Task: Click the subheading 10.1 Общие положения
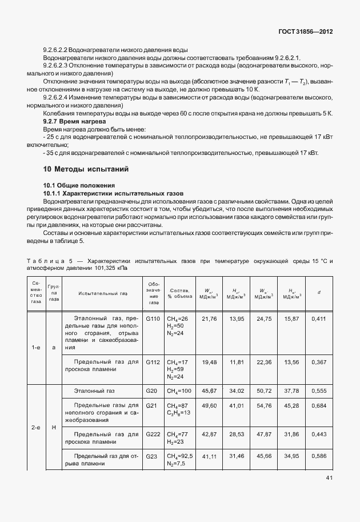tap(79, 185)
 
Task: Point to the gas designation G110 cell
tap(153, 318)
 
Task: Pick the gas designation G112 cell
tap(153, 362)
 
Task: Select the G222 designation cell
tap(153, 435)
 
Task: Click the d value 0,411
tap(319, 318)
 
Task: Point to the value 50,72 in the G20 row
tap(264, 390)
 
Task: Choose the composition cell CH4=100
tap(180, 390)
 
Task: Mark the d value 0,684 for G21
tap(319, 405)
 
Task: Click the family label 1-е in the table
tap(36, 347)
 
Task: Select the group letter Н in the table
tap(54, 427)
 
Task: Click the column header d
tap(319, 293)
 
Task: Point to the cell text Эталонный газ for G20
tap(95, 390)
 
